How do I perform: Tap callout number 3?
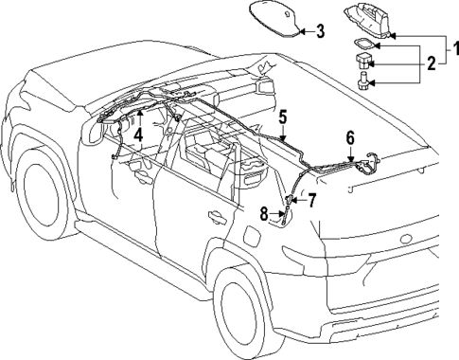click(x=320, y=31)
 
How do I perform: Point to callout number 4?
click(x=139, y=134)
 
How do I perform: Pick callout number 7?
click(x=310, y=199)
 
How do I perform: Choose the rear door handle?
click(x=217, y=217)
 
